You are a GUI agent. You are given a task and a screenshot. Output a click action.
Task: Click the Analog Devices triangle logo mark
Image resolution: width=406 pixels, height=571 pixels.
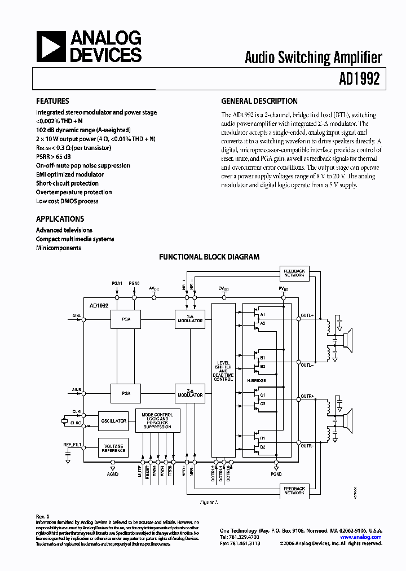point(50,46)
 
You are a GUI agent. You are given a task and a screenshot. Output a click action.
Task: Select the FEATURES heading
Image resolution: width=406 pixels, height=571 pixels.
point(52,102)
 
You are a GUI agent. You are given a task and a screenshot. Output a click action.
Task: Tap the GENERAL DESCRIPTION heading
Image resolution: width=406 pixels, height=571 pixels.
point(259,102)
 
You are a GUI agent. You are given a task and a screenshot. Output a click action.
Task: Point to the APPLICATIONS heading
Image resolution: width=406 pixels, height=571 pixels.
point(60,219)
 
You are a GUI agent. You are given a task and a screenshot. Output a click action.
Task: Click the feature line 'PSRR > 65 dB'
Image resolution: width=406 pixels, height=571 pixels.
point(55,157)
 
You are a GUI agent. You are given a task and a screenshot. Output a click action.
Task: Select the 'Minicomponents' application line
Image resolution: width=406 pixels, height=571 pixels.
point(59,248)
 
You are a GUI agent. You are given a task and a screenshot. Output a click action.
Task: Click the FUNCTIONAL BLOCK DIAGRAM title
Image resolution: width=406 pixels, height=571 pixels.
point(209,257)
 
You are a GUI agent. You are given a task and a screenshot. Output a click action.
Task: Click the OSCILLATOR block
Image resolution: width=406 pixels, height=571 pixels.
point(112,421)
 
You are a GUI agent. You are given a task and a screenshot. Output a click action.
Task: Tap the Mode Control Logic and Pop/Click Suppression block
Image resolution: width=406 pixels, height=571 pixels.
point(157,420)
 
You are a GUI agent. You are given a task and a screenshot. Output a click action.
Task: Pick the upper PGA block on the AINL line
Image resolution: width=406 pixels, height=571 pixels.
point(126,319)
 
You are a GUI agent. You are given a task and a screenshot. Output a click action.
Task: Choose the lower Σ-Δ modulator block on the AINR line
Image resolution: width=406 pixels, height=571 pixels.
point(190,393)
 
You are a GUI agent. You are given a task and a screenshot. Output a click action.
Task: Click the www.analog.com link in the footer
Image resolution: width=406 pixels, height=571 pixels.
point(365,537)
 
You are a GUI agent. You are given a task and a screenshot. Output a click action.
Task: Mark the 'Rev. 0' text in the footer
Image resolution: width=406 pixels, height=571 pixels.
point(42,517)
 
